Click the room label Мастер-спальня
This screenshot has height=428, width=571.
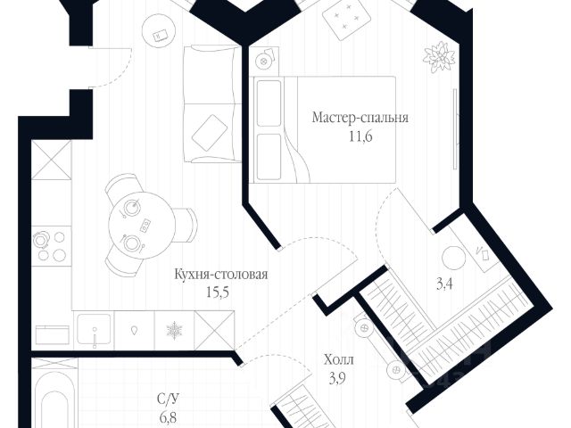pyautogui.click(x=360, y=117)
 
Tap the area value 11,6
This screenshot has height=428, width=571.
pyautogui.click(x=360, y=135)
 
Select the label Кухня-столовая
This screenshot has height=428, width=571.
pyautogui.click(x=222, y=274)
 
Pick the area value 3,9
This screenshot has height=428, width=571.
pyautogui.click(x=338, y=378)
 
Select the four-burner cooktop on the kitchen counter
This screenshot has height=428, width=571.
pyautogui.click(x=50, y=245)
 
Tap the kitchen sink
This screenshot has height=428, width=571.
pyautogui.click(x=95, y=329)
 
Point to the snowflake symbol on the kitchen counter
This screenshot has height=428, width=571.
pyautogui.click(x=173, y=330)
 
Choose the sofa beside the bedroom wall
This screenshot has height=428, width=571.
pyautogui.click(x=211, y=105)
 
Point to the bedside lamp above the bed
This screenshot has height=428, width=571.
pyautogui.click(x=265, y=61)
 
